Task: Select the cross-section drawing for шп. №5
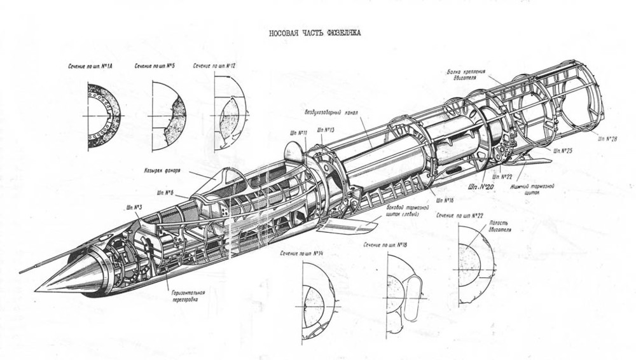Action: pyautogui.click(x=168, y=116)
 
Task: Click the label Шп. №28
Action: pyautogui.click(x=608, y=138)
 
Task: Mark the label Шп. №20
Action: pyautogui.click(x=481, y=187)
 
